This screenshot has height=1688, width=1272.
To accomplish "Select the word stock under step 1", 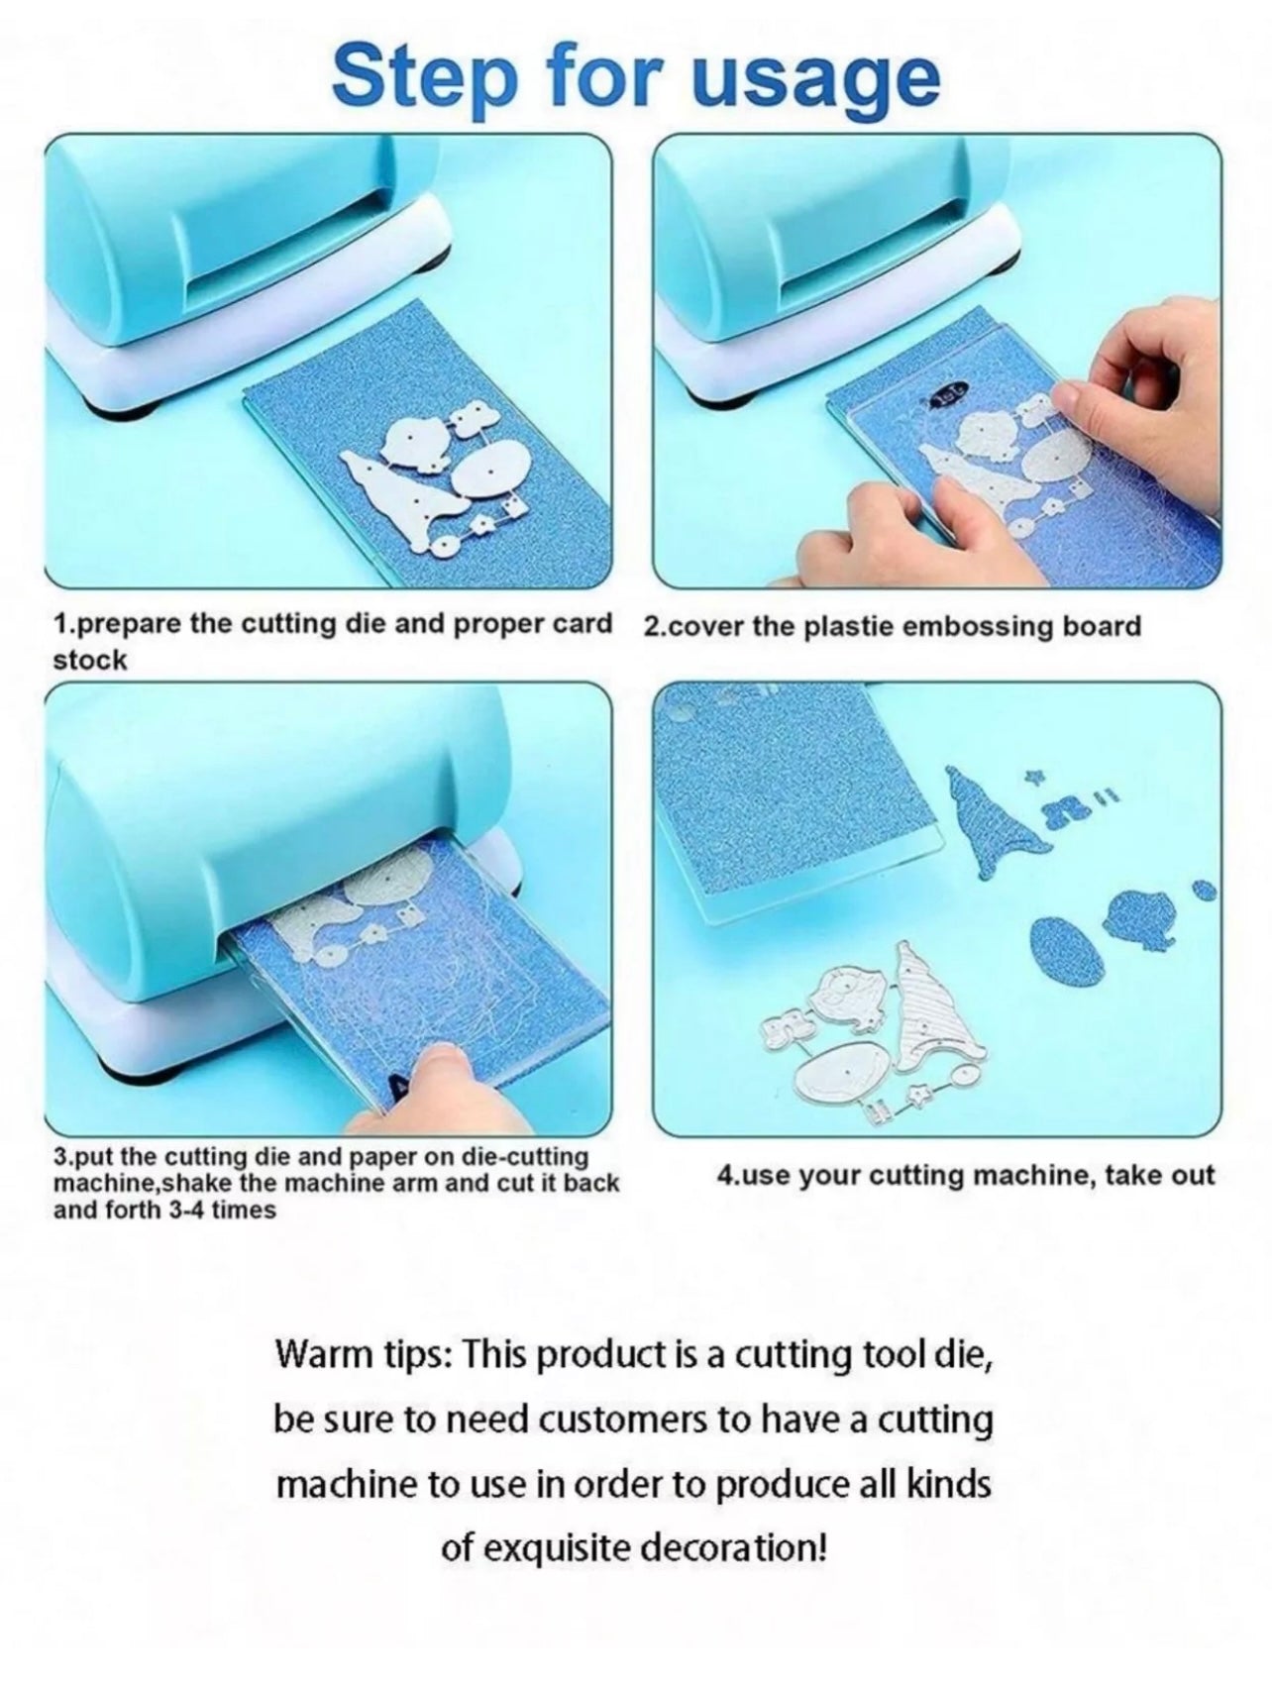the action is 90,661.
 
